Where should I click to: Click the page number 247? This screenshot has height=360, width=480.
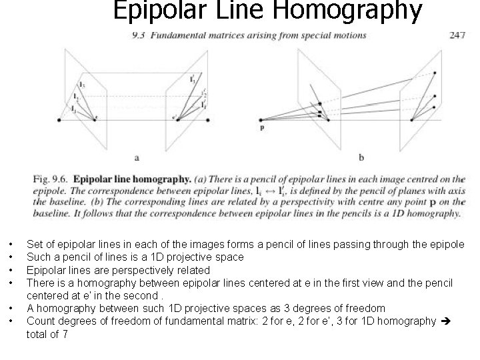click(x=457, y=35)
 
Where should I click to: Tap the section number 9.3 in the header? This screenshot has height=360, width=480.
click(x=139, y=35)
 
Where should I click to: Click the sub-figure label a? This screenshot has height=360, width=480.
click(x=137, y=157)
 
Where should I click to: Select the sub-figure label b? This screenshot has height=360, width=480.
click(x=361, y=157)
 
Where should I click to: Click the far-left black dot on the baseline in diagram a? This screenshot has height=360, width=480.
click(x=60, y=120)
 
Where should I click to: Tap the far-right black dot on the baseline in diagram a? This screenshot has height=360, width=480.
click(x=209, y=120)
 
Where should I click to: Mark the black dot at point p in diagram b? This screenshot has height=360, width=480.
click(x=262, y=119)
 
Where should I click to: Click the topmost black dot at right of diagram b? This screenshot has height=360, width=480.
click(x=435, y=72)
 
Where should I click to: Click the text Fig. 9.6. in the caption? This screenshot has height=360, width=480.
click(x=50, y=179)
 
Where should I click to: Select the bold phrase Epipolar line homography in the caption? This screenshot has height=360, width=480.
click(x=132, y=179)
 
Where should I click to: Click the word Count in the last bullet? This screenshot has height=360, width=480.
click(x=39, y=321)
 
